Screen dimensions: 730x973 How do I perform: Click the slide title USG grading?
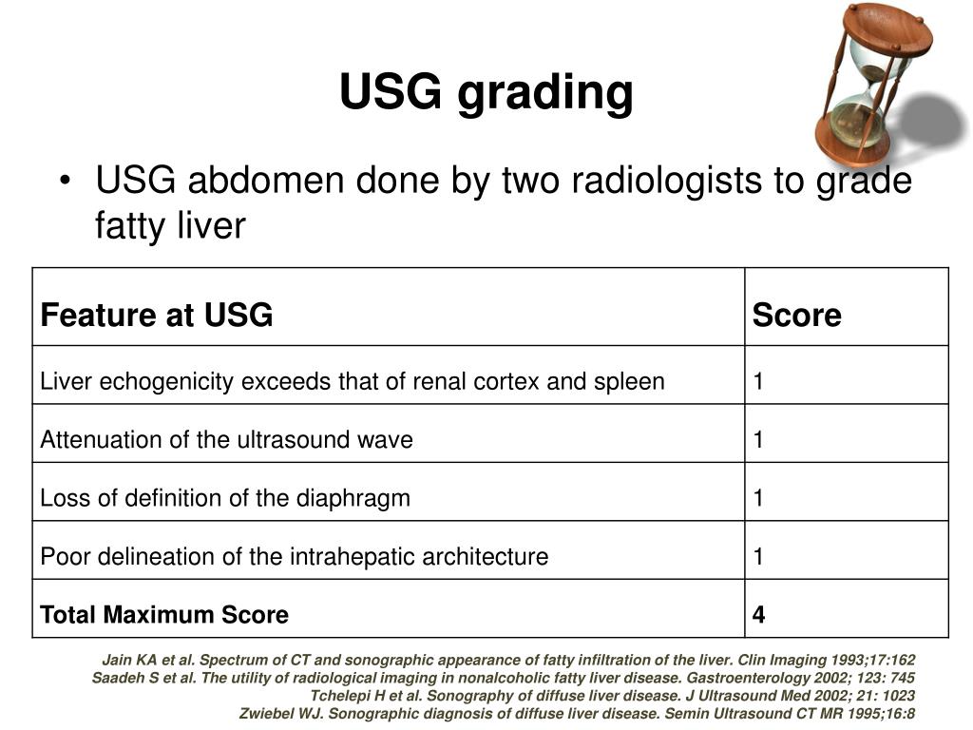486,93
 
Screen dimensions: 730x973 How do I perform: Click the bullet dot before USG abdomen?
65,180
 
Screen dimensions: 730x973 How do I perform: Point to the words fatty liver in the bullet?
170,226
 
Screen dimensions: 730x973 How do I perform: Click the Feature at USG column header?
157,315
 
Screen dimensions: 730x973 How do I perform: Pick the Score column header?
796,316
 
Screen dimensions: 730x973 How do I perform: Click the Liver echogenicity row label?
352,382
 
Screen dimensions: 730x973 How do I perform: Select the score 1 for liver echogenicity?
758,382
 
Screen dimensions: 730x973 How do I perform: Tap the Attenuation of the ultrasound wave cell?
226,440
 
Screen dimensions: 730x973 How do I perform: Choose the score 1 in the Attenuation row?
758,440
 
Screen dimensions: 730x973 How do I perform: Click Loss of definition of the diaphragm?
225,498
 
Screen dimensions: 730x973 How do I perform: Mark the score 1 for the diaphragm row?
758,498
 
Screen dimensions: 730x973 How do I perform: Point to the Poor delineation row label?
294,556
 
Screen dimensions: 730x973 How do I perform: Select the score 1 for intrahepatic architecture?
758,556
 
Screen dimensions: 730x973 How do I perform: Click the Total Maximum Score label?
164,615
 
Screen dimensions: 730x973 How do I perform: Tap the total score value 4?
758,615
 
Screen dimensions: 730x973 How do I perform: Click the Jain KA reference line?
508,660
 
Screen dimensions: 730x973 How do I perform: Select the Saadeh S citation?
504,678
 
